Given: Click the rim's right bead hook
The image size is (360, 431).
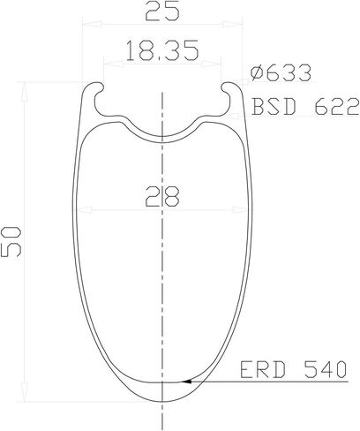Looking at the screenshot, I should (x=235, y=90).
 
